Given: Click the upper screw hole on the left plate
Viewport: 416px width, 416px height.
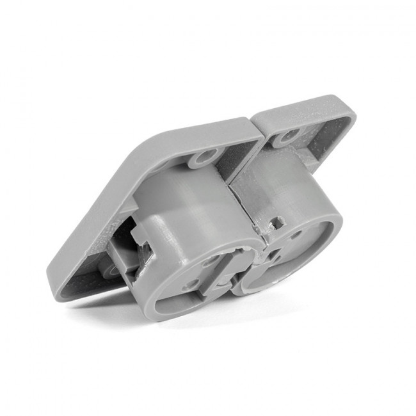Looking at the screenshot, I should tap(206, 156).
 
